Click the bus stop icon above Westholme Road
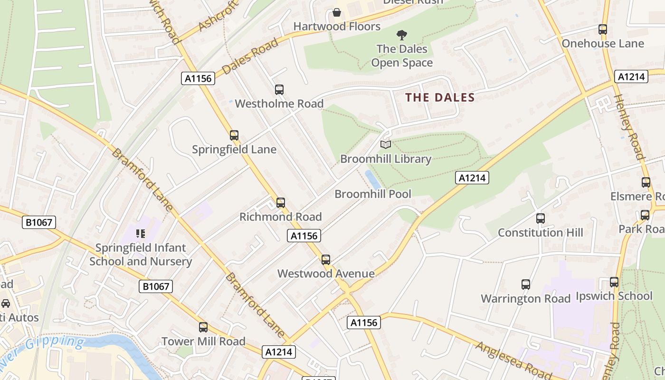[279, 89]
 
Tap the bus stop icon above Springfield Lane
[234, 135]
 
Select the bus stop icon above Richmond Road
[281, 203]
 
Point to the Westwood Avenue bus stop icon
[325, 260]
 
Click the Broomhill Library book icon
[386, 144]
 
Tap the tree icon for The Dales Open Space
[402, 35]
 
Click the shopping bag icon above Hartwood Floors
[337, 12]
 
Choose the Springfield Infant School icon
[140, 233]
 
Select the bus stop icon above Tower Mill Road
[203, 327]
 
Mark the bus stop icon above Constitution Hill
[541, 218]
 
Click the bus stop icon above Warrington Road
[526, 285]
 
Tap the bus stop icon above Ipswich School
[614, 282]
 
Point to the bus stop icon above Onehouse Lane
[603, 29]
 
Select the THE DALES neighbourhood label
[440, 98]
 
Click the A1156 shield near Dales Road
[198, 78]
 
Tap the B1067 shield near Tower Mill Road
[156, 286]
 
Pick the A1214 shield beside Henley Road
[631, 76]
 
